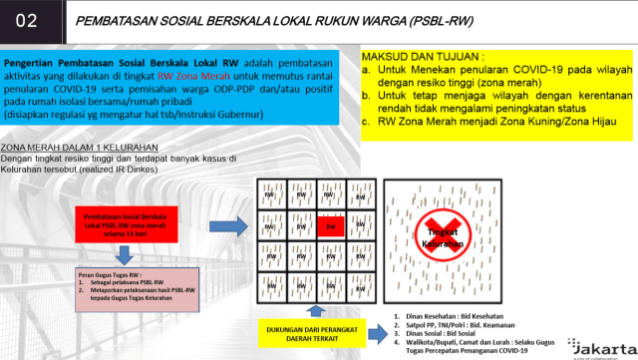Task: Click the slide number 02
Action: coord(27,19)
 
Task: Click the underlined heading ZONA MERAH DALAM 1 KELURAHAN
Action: coord(69,147)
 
